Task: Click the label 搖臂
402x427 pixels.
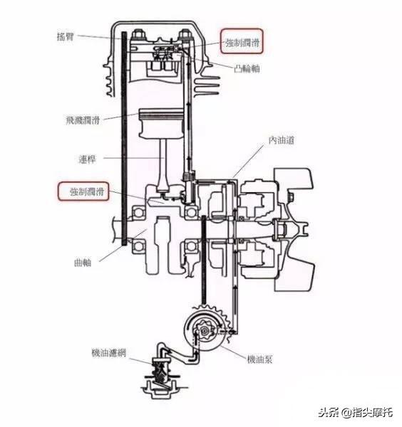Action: coord(66,36)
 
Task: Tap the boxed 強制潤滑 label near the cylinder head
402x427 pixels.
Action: coord(242,43)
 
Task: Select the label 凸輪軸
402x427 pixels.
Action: coord(247,68)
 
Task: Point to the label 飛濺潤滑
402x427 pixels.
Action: coord(83,120)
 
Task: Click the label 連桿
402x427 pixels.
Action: coord(87,159)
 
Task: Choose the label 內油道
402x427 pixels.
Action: coord(281,140)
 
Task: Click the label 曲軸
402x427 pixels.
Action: coord(83,263)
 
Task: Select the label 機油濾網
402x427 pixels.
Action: coord(108,353)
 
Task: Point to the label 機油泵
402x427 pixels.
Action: coord(259,359)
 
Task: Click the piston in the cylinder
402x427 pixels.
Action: coord(161,123)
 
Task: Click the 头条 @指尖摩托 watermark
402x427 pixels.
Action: coord(356,412)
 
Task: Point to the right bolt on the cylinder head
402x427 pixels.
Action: coord(185,36)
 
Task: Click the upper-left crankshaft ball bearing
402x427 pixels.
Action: coord(139,212)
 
